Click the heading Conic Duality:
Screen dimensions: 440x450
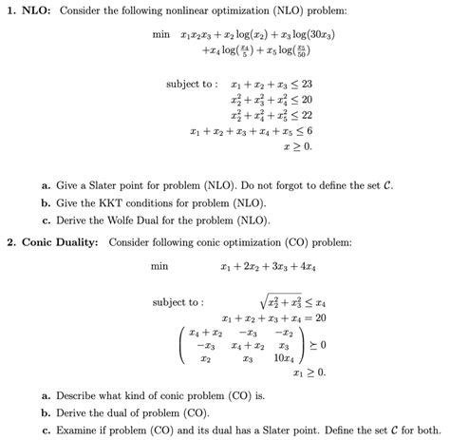tap(60, 241)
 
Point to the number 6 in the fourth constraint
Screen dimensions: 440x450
tap(309, 130)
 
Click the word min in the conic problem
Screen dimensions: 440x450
tap(159, 267)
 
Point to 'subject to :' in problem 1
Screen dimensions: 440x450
tap(192, 84)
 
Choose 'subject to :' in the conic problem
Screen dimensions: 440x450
tap(178, 302)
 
